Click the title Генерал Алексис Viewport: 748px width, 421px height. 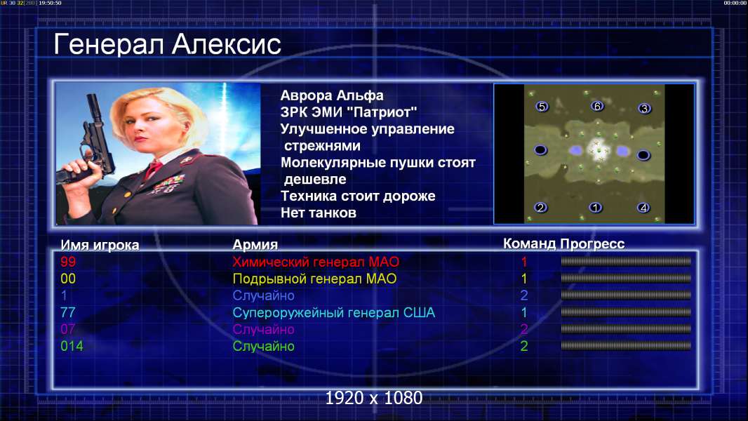coord(167,44)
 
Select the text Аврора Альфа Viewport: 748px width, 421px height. coord(331,95)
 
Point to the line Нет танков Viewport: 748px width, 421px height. coord(318,213)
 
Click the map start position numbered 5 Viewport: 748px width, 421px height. coord(542,107)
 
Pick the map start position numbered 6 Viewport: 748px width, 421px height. coord(597,106)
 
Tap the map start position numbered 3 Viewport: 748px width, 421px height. coord(644,109)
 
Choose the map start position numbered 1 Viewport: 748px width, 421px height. coord(595,208)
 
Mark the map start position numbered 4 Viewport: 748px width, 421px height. coord(643,208)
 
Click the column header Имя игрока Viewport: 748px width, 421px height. coord(100,245)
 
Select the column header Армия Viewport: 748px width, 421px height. coord(255,245)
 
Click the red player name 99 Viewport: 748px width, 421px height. coord(68,262)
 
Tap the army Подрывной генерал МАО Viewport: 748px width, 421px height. coord(314,279)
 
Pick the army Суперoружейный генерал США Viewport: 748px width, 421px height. coord(333,313)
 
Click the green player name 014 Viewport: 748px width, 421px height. coord(72,346)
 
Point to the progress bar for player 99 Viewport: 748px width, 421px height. coord(626,261)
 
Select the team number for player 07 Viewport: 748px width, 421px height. coord(523,329)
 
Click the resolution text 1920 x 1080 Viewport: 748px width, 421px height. coord(373,398)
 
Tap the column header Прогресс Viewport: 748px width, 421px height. coord(592,244)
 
